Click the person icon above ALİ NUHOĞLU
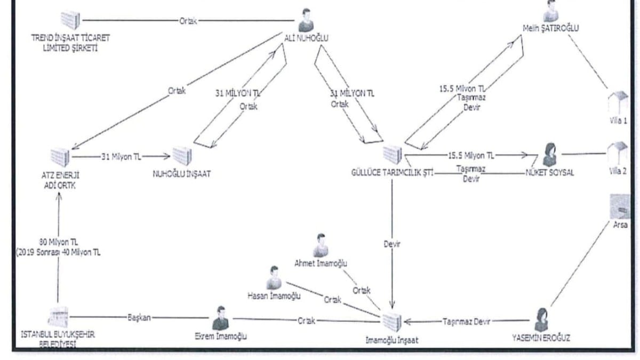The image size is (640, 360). point(305,20)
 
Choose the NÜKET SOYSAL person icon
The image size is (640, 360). point(549,155)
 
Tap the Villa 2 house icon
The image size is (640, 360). point(618,154)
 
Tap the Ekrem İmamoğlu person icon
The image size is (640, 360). point(220,318)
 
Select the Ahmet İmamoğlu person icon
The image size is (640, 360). point(321,245)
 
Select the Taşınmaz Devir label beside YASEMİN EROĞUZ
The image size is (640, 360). point(467,321)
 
